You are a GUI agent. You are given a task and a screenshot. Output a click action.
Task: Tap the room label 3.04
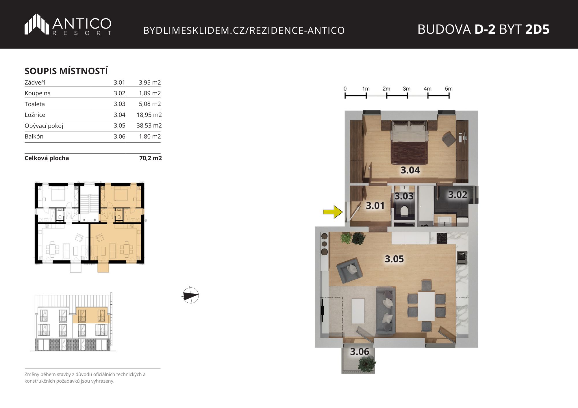coord(410,170)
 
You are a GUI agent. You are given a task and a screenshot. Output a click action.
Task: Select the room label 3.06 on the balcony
coord(360,351)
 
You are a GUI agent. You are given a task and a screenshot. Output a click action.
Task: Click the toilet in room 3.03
coord(404,211)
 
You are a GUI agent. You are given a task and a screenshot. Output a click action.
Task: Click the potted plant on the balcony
coord(367,364)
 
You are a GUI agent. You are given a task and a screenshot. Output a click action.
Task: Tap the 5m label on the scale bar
coord(449,89)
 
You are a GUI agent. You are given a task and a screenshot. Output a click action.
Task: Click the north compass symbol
coord(191,295)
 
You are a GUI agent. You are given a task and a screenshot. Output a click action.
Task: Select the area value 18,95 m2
coord(149,115)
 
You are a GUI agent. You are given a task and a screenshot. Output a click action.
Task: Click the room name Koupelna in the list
coord(38,93)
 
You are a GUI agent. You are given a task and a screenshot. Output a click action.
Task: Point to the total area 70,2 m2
coord(151,158)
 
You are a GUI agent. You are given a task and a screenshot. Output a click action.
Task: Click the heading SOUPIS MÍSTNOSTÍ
coord(66,71)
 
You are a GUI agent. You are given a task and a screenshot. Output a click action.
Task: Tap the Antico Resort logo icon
coord(37,24)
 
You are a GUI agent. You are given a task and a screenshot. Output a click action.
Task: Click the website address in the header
coord(244,30)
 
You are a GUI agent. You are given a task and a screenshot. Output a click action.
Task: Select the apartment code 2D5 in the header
coord(537,29)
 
